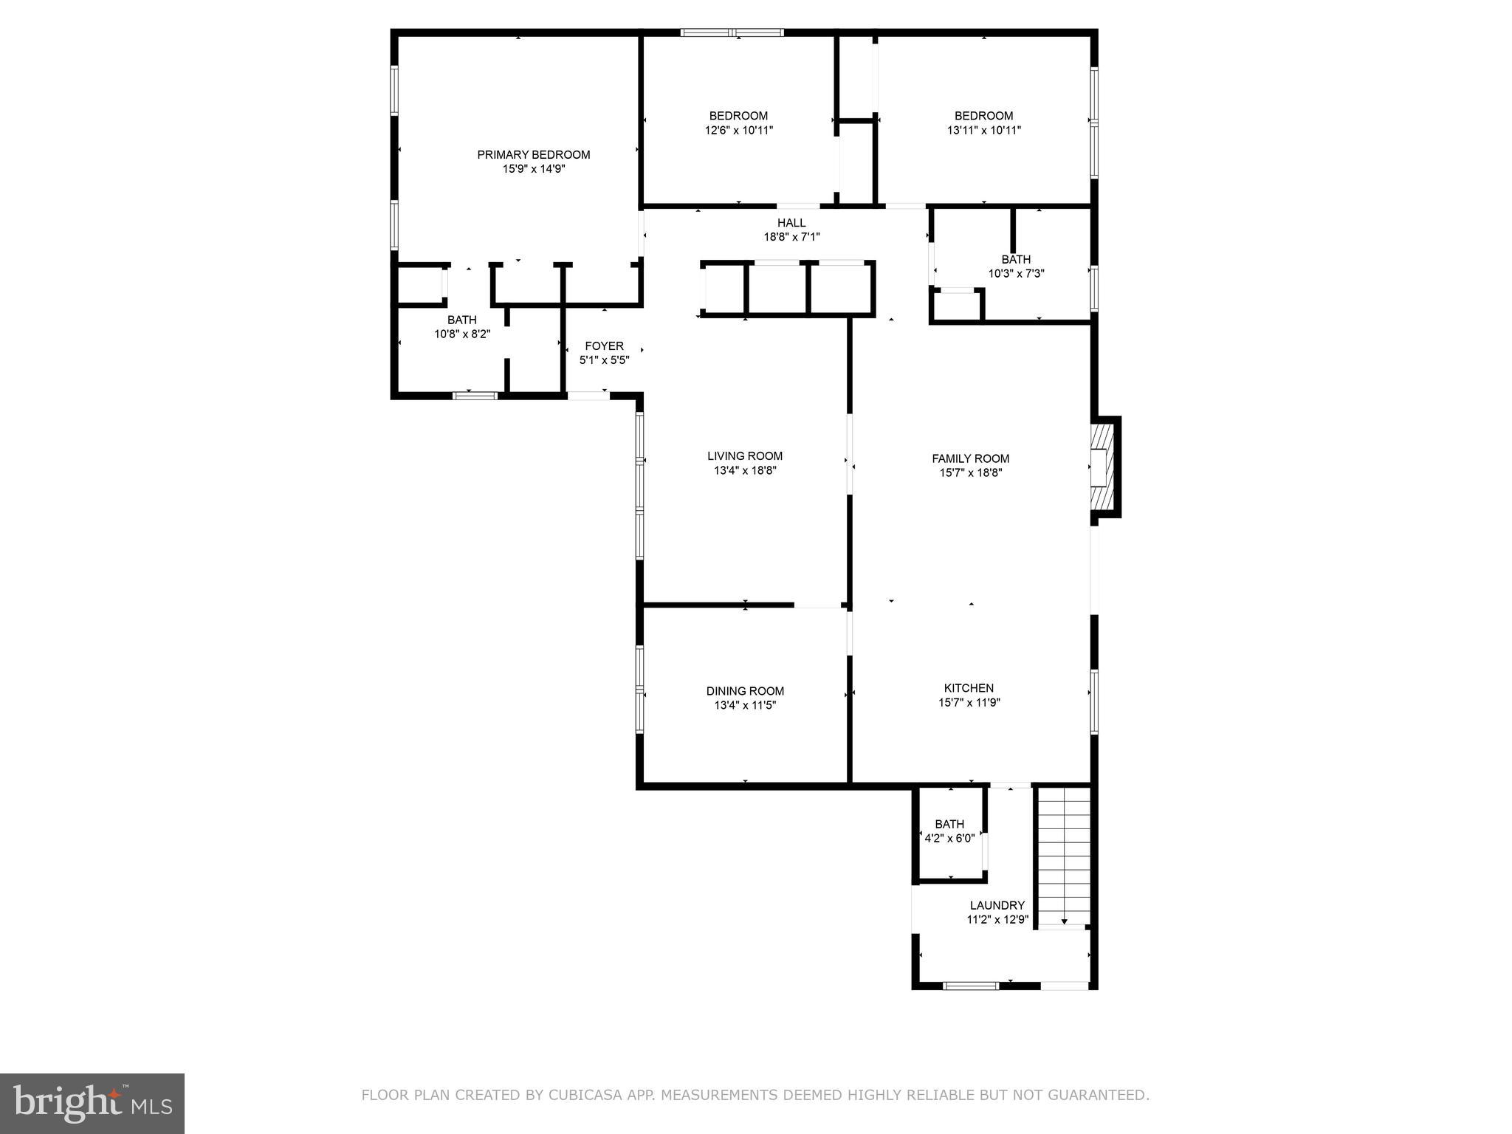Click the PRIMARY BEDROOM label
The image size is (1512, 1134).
[x=533, y=154]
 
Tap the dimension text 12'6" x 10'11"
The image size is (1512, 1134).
[x=738, y=131]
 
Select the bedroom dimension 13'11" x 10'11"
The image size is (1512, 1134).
[x=983, y=131]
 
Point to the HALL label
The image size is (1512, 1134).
[x=791, y=223]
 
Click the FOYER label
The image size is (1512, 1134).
[x=604, y=346]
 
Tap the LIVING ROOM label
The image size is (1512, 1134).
[x=744, y=456]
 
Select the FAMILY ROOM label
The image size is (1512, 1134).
[x=970, y=458]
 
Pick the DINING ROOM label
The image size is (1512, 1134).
[x=745, y=691]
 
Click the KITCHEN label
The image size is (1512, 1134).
[x=969, y=688]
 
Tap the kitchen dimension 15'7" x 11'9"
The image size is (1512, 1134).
[x=969, y=703]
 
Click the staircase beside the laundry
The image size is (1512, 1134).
[x=1064, y=856]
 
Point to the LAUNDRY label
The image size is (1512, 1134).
[x=997, y=905]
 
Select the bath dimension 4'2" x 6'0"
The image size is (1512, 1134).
[x=949, y=839]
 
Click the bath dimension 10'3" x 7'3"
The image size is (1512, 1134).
[x=1016, y=274]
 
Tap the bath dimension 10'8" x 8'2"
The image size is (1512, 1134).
[x=461, y=334]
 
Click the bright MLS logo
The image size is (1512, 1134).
[x=92, y=1103]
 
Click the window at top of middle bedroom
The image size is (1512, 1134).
[x=732, y=32]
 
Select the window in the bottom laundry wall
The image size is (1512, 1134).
[x=972, y=985]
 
